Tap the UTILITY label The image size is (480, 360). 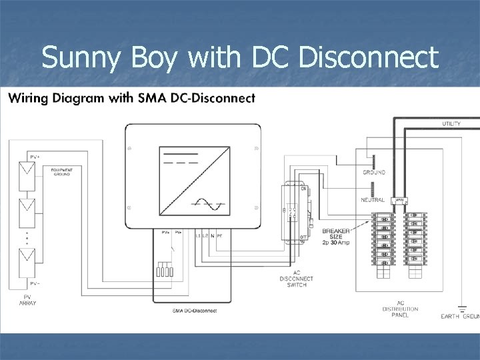451,124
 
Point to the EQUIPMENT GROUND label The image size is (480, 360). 61,171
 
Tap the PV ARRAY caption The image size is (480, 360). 28,299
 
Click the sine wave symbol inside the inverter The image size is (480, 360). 207,204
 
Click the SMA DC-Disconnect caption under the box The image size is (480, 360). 194,311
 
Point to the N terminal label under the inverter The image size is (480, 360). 211,236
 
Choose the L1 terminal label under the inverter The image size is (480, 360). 198,236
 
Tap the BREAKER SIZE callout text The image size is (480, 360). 335,236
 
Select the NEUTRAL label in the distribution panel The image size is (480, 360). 373,200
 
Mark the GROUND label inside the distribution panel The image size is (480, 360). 373,173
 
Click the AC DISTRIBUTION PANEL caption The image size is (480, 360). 401,309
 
